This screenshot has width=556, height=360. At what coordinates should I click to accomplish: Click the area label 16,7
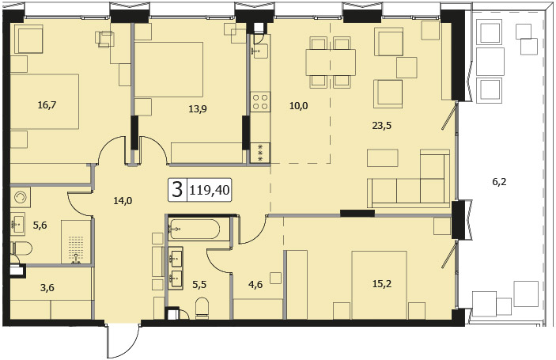tap(47, 105)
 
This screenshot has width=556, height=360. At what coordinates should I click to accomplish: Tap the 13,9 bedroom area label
tap(198, 109)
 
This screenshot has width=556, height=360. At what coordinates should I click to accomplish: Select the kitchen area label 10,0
tap(299, 105)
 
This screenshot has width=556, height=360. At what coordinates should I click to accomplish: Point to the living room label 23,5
tap(381, 125)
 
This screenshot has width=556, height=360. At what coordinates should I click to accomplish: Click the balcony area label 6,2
tap(499, 182)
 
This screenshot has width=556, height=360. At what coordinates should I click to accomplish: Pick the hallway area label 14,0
tap(123, 201)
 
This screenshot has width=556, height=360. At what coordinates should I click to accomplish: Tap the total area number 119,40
tap(210, 191)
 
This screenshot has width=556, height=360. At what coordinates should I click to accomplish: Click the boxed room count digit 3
tap(177, 189)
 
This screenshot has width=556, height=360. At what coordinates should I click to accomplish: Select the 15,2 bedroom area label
tap(382, 284)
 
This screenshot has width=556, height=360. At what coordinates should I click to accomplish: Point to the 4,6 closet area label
tap(255, 285)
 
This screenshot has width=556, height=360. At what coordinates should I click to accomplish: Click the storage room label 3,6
tap(47, 288)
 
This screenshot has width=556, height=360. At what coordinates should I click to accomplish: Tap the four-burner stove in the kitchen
tap(260, 102)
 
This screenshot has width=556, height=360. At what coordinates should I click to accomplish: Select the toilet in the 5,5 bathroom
tap(202, 308)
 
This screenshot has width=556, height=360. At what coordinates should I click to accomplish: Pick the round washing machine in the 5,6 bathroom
tap(21, 197)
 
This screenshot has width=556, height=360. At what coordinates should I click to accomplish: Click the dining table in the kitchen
tap(331, 63)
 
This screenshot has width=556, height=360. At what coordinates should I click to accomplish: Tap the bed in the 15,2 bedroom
tap(379, 285)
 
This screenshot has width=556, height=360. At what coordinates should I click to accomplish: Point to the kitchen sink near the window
tap(260, 51)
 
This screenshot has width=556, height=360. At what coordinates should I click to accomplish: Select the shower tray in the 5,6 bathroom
tap(76, 242)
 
